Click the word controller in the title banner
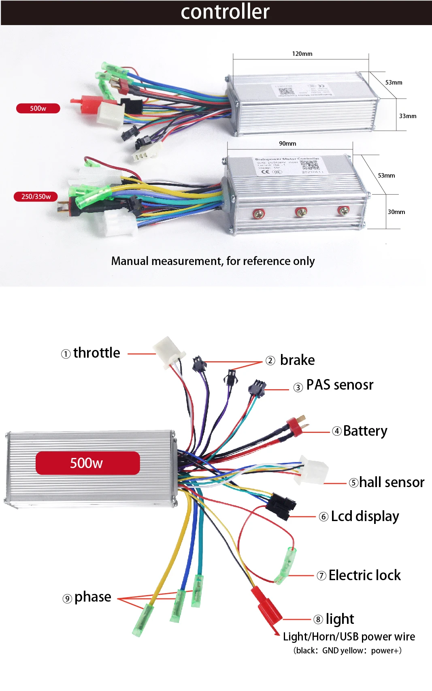point(225,12)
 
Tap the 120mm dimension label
point(302,54)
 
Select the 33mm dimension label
point(407,116)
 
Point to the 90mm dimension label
point(287,144)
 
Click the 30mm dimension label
point(396,212)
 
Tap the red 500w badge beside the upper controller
point(38,108)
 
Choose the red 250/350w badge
point(36,197)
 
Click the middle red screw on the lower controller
point(301,212)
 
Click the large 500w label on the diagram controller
point(87,463)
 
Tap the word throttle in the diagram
point(96,353)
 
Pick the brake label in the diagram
point(297,360)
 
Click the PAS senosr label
point(339,385)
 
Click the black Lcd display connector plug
point(281,505)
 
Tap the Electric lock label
point(364,575)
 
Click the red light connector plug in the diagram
point(267,605)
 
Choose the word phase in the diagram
point(93,597)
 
